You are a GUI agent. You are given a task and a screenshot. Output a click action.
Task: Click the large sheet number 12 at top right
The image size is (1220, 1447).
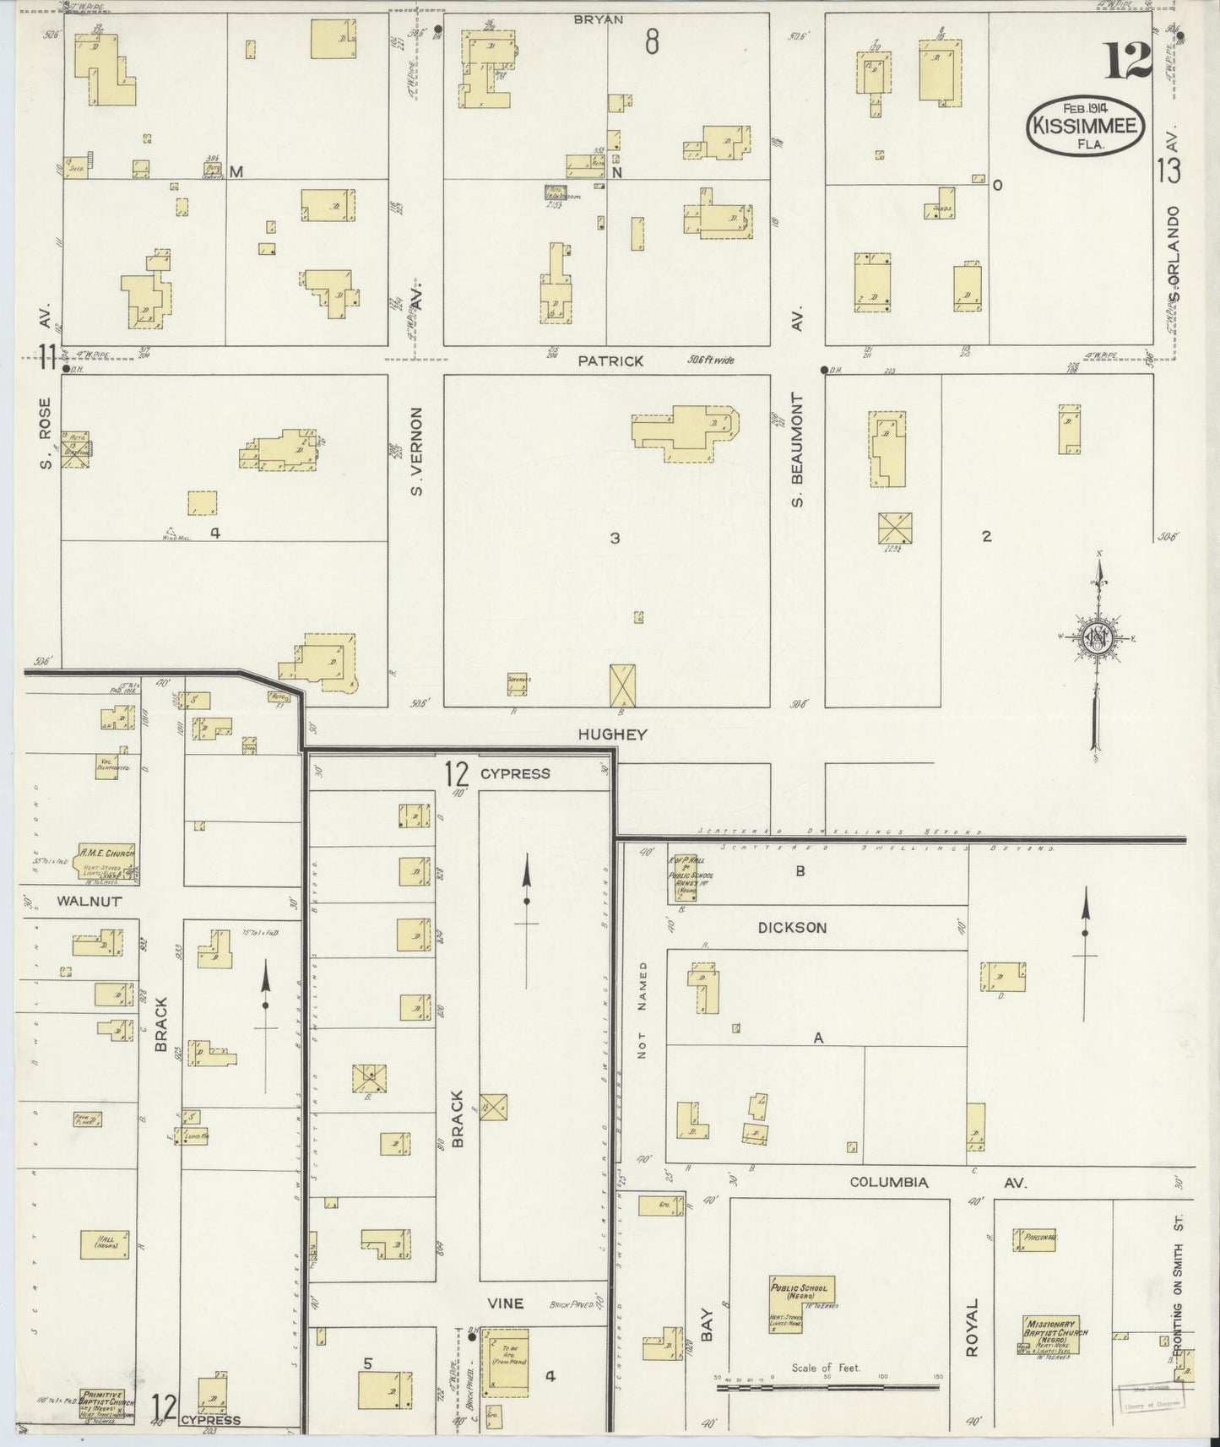point(1128,61)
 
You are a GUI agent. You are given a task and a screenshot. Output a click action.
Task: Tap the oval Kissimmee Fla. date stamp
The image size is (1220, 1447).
point(1087,127)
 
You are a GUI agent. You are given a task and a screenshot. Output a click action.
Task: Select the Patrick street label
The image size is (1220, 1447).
point(610,361)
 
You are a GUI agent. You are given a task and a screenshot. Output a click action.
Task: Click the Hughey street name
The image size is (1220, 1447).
point(611,734)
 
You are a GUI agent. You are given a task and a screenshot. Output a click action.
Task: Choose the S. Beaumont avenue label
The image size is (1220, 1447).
point(798,450)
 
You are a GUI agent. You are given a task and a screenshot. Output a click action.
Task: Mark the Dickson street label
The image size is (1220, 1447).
point(791,927)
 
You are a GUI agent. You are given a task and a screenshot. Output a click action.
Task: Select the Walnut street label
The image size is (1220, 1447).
point(89,901)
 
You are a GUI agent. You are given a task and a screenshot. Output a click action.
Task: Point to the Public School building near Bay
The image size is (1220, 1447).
point(800,1301)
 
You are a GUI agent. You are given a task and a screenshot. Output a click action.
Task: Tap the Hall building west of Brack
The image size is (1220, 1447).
point(105,1244)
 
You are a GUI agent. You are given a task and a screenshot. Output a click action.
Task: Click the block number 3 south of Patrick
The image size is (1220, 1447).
point(615,538)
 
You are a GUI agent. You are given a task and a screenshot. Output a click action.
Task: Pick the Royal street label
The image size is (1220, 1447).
point(971,1328)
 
